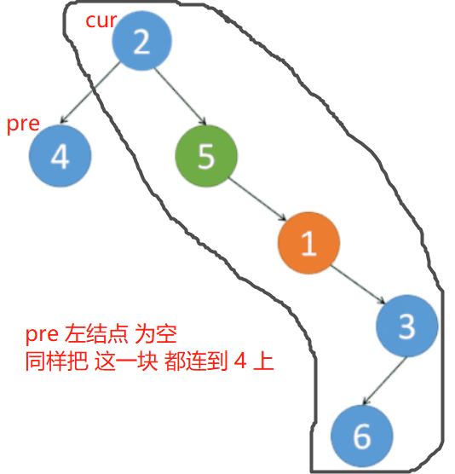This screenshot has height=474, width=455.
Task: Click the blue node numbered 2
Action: [142, 42]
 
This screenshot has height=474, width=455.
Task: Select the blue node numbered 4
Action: [60, 158]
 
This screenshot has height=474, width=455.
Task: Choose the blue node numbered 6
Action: [361, 436]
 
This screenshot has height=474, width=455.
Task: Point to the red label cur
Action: [101, 20]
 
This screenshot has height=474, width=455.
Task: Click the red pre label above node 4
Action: [23, 124]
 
